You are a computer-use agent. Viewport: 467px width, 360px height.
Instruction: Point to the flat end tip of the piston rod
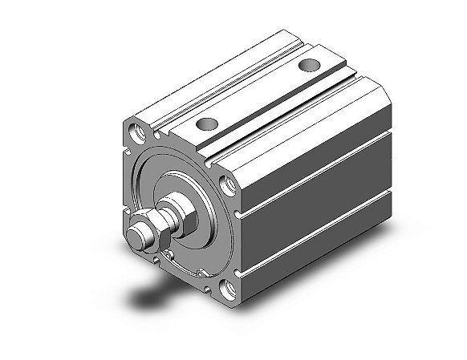[x=138, y=239]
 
